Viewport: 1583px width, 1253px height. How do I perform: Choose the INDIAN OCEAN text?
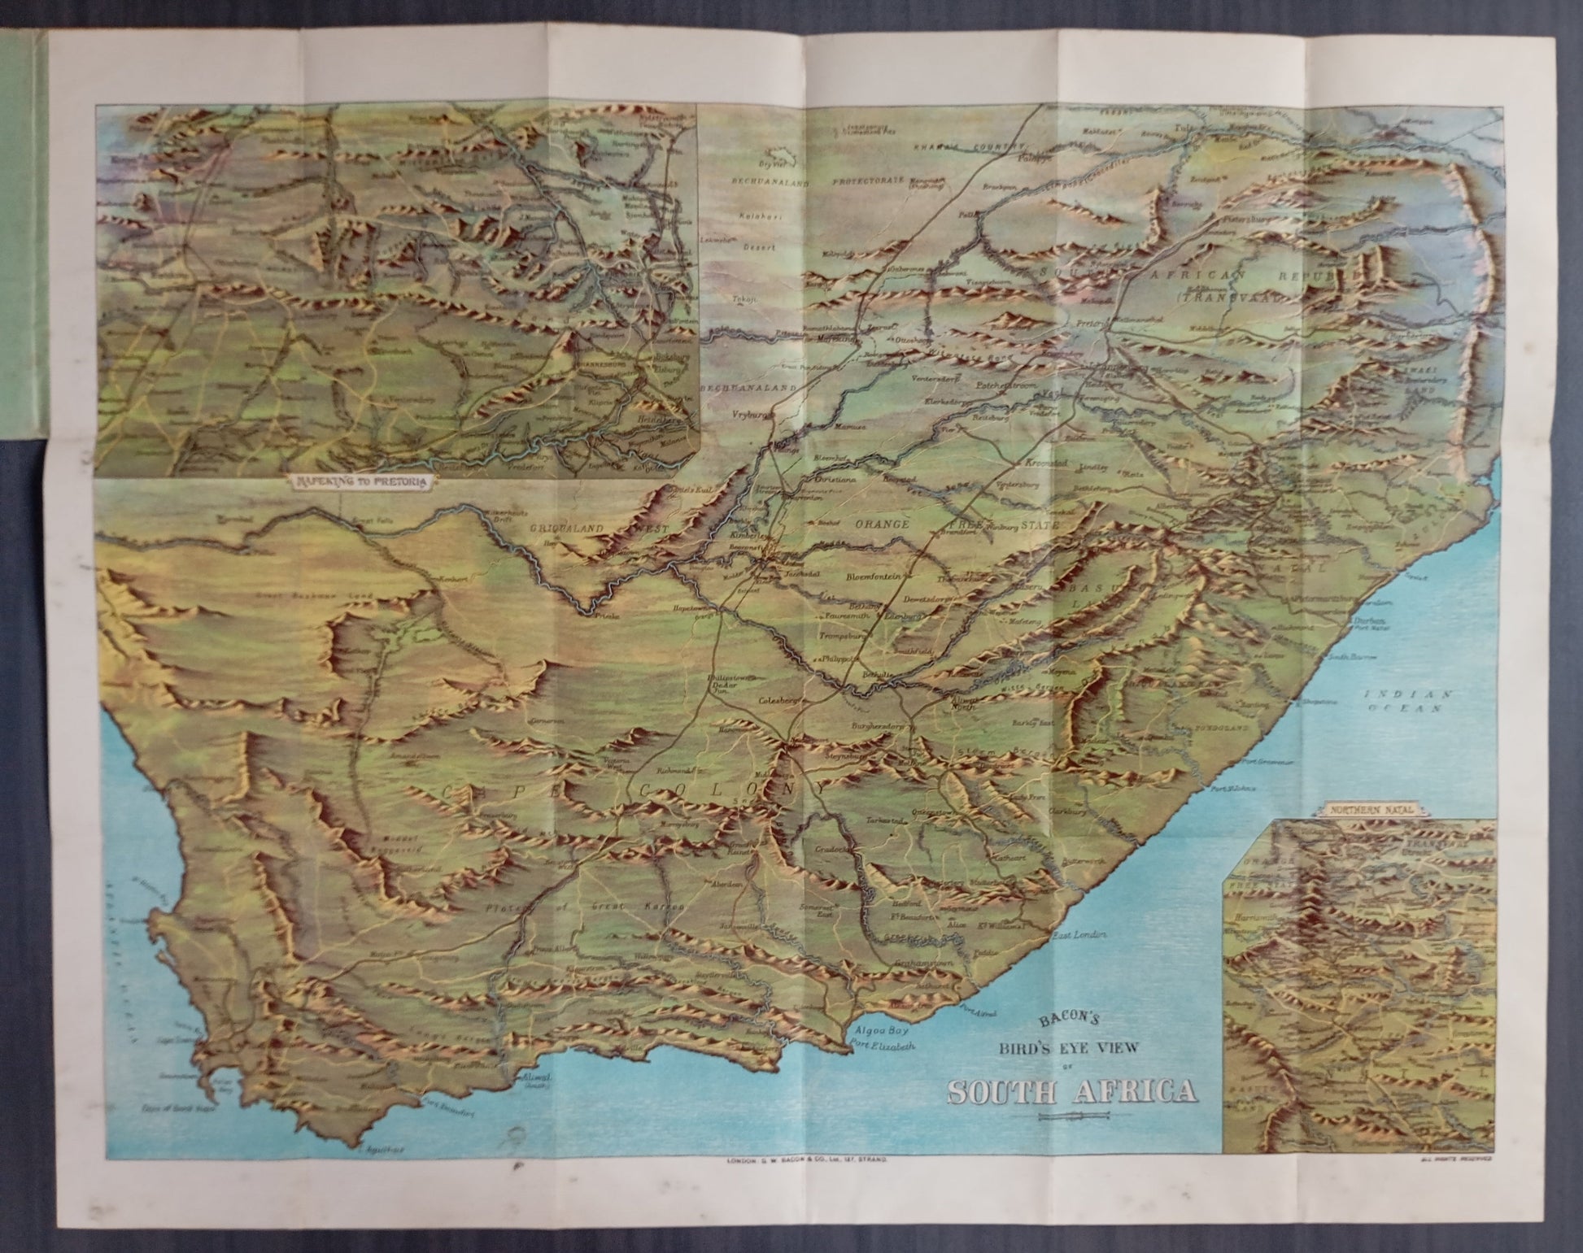coord(1407,700)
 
